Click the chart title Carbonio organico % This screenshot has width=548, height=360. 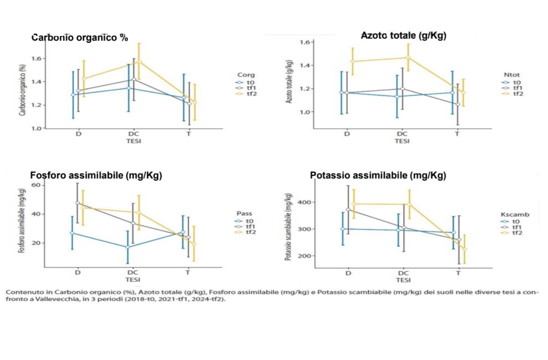[x=80, y=38]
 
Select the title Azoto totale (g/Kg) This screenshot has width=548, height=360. [x=404, y=36]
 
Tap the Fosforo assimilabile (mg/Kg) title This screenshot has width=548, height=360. [x=96, y=175]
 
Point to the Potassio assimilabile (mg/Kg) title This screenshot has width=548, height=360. [x=378, y=175]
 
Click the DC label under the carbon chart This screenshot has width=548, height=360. [x=132, y=135]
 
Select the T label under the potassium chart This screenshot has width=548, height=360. [x=458, y=273]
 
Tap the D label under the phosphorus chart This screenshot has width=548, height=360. [x=77, y=273]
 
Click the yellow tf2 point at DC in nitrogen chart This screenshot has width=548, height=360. [x=409, y=57]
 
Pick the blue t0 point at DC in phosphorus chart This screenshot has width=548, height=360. [x=127, y=247]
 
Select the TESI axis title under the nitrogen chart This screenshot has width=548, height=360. [x=402, y=141]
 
